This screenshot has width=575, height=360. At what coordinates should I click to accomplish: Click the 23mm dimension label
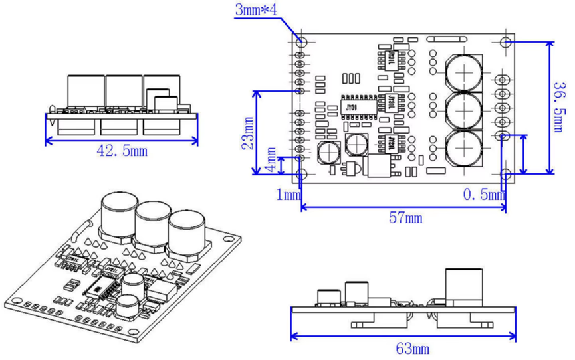click(247, 133)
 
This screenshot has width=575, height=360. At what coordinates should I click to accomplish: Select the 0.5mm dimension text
click(483, 194)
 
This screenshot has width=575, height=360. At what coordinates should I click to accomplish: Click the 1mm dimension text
click(288, 194)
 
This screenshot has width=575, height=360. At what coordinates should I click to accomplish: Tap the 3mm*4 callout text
click(257, 10)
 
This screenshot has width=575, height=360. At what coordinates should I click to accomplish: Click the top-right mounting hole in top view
click(505, 42)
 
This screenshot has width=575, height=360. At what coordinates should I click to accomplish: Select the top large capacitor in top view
click(463, 70)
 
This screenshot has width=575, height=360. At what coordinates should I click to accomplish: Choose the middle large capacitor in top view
click(463, 109)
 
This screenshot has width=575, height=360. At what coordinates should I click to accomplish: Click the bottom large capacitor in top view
click(463, 147)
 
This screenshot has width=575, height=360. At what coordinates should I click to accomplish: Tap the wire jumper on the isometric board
click(78, 230)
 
